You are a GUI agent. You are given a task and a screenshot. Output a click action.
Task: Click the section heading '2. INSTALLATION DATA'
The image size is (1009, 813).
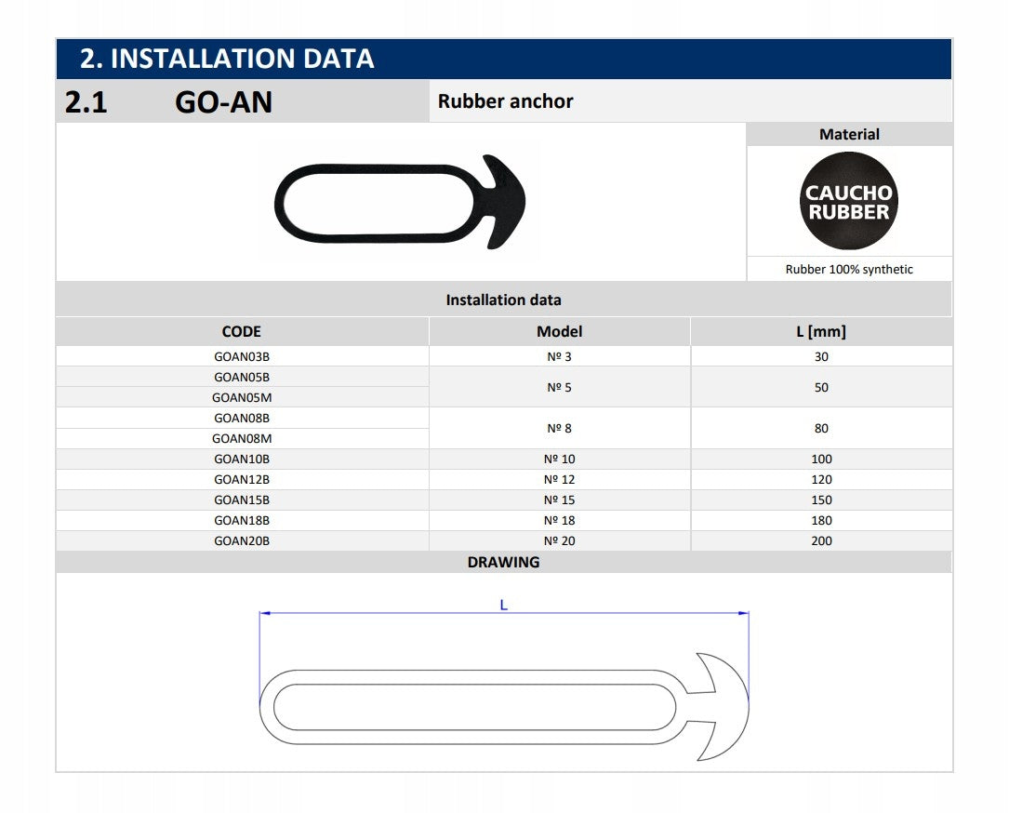pos(227,59)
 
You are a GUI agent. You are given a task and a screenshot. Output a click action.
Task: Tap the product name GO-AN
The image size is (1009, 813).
pos(223,102)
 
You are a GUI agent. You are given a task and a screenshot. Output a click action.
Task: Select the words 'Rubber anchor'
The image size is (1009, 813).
pos(505,101)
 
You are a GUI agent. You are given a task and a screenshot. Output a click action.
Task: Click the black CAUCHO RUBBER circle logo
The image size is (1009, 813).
pos(849,201)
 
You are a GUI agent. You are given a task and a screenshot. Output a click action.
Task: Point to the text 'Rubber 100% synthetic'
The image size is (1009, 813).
pos(849,269)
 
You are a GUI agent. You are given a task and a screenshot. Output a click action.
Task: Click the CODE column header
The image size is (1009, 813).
pos(241,331)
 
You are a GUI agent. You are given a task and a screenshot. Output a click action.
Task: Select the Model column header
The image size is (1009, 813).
pos(559,331)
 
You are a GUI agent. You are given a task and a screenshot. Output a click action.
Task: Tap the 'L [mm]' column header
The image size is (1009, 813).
pos(821,331)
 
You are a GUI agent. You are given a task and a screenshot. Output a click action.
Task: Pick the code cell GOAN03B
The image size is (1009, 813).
pos(241,356)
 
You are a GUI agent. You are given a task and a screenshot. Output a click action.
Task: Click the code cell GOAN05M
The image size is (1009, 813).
pos(241,398)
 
